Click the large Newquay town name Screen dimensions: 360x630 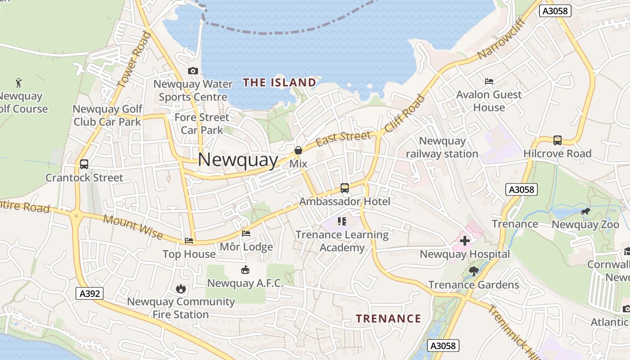pos(238,160)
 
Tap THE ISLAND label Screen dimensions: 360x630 pos(279,82)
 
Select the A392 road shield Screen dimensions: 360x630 pos(90,294)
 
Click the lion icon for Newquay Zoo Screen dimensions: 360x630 pos(585,211)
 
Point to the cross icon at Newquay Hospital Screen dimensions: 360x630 pos(465,241)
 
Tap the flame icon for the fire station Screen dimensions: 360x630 pos(181,288)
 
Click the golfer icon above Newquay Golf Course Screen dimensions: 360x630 pos(18,83)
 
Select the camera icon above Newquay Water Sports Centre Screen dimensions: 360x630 pos(193,71)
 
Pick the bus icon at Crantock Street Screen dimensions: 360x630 pos(84,164)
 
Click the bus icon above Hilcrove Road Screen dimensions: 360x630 pos(558,140)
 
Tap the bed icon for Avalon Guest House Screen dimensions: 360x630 pos(489,81)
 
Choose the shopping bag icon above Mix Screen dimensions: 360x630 pos(298,150)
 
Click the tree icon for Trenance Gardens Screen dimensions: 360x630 pos(473,271)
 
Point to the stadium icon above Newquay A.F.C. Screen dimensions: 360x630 pos(245,270)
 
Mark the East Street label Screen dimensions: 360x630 pos(343,139)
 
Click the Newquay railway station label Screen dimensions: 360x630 pos(442,147)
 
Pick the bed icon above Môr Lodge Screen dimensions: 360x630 pos(246,234)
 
